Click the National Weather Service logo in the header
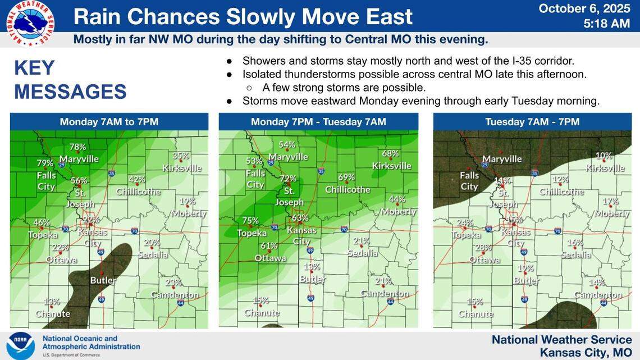click(30, 23)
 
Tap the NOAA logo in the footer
click(21, 345)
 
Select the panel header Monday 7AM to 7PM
click(109, 122)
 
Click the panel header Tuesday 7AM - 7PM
click(532, 122)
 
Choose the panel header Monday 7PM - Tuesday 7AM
click(318, 122)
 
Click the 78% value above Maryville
click(77, 147)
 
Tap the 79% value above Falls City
click(45, 163)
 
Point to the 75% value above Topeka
click(250, 221)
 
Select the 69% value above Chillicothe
click(346, 177)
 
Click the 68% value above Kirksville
click(390, 153)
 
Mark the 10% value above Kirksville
click(604, 156)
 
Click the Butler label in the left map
click(103, 280)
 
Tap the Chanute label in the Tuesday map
click(476, 314)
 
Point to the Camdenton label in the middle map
click(385, 294)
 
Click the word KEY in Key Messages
click(34, 68)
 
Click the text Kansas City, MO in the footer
click(586, 352)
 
